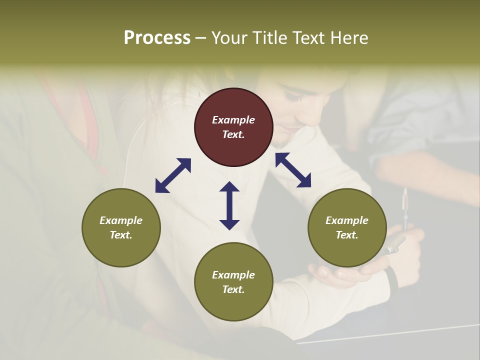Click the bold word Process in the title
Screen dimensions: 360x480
click(157, 38)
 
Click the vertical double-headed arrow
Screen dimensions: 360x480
click(229, 205)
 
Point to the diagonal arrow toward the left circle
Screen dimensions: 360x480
click(173, 175)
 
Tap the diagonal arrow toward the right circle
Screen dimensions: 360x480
click(293, 170)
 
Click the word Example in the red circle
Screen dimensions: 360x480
click(233, 120)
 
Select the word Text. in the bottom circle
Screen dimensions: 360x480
click(233, 289)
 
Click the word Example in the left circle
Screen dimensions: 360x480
click(121, 220)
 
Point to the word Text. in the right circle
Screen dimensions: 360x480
click(347, 235)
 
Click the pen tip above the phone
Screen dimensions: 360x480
click(405, 193)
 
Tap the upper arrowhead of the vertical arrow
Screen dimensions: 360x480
click(229, 187)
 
